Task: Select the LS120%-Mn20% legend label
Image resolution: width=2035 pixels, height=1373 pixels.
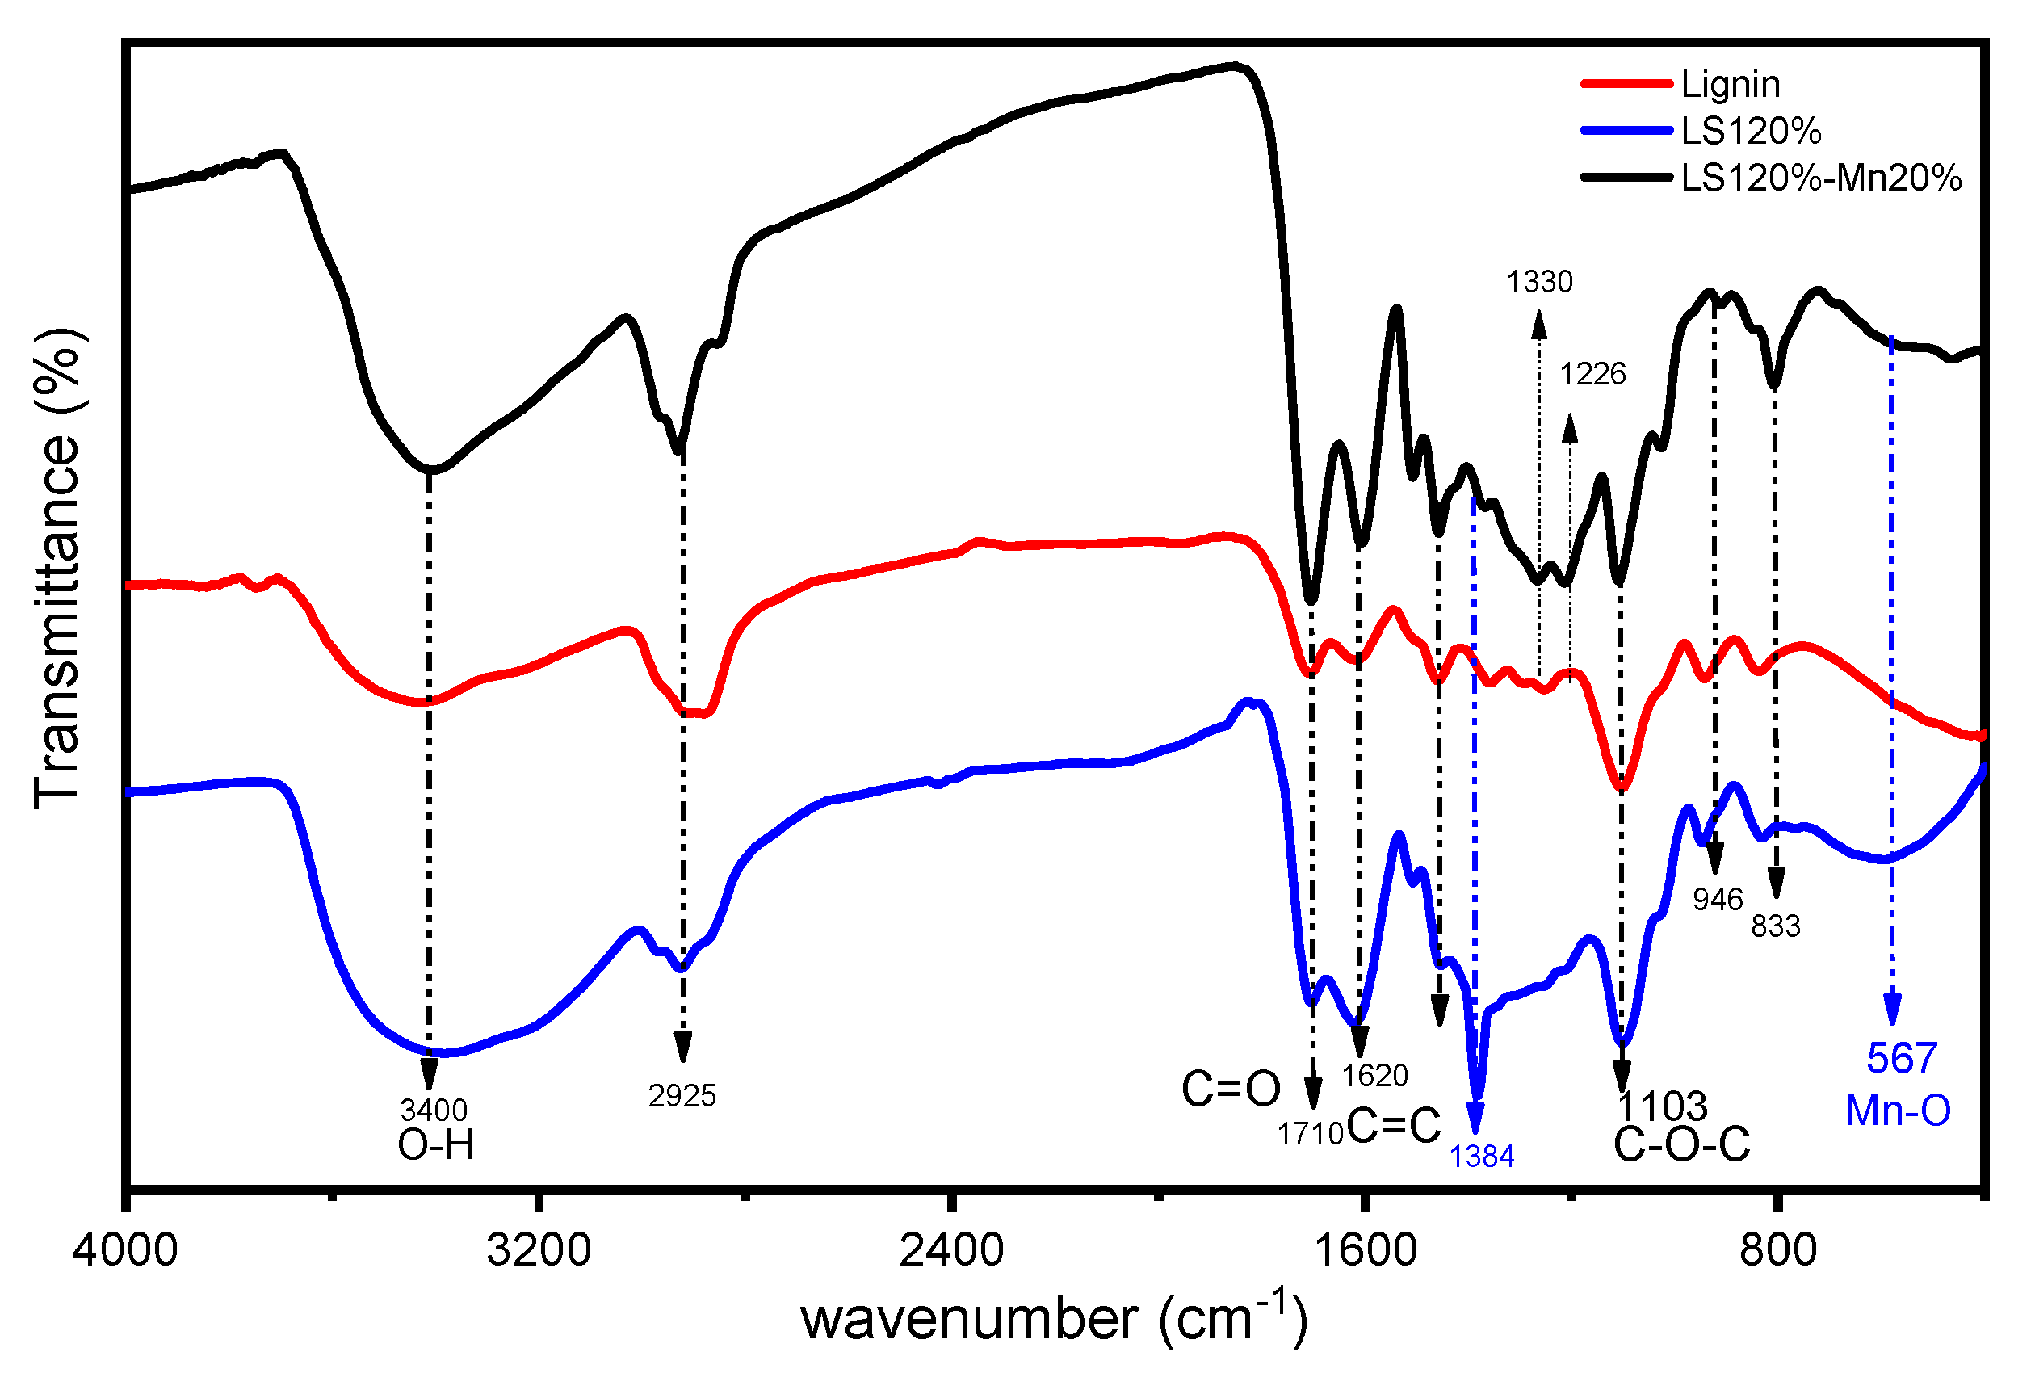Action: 1820,178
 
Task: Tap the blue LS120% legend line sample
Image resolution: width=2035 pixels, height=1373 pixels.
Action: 1626,132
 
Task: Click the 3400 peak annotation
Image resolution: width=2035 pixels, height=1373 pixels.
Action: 434,1111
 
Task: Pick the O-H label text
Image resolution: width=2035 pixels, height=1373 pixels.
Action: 435,1144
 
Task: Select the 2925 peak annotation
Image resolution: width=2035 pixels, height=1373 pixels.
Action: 682,1095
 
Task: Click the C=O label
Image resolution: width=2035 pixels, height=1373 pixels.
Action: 1231,1090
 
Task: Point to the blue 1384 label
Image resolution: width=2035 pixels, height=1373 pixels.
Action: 1481,1157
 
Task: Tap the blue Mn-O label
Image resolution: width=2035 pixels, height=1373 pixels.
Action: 1898,1111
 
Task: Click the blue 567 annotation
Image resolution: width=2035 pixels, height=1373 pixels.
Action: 1901,1059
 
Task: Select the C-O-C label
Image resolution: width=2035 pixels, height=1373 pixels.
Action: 1681,1144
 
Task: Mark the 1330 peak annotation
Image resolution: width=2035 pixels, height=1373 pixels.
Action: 1538,282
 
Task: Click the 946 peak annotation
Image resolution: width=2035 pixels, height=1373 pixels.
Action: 1718,899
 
